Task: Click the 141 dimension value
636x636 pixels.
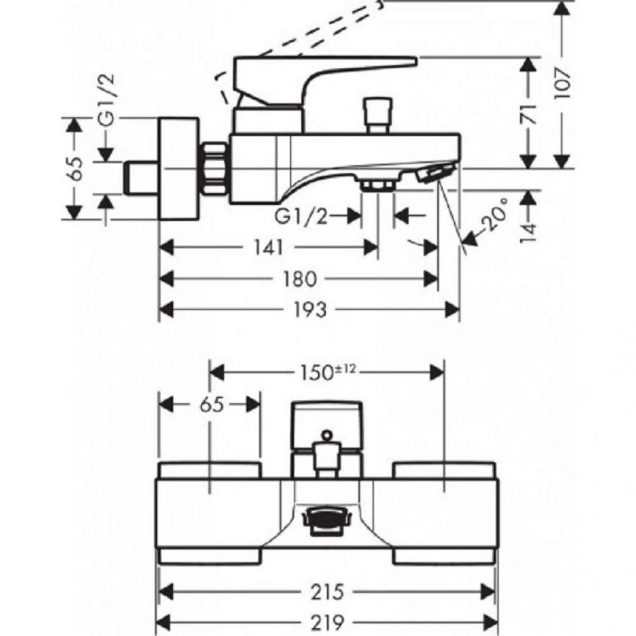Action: [x=269, y=247]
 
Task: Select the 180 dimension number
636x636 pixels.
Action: [x=300, y=278]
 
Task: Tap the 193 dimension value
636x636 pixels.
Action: [x=310, y=311]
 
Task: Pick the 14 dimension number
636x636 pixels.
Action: [x=529, y=233]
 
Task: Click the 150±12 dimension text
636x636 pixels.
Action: [x=328, y=372]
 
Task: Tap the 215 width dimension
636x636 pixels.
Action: [x=327, y=592]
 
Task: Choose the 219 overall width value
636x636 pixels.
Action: [x=327, y=622]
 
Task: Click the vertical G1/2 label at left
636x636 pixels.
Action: [x=107, y=99]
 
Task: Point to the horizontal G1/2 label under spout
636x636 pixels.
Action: [x=300, y=217]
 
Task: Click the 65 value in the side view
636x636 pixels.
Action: [x=76, y=168]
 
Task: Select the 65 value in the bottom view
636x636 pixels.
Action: [x=212, y=405]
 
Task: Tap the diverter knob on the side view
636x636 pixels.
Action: [x=377, y=115]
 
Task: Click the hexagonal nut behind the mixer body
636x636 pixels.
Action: [x=214, y=168]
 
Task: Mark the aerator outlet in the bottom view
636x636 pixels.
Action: [x=324, y=522]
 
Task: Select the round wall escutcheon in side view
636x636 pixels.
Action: [x=179, y=169]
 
